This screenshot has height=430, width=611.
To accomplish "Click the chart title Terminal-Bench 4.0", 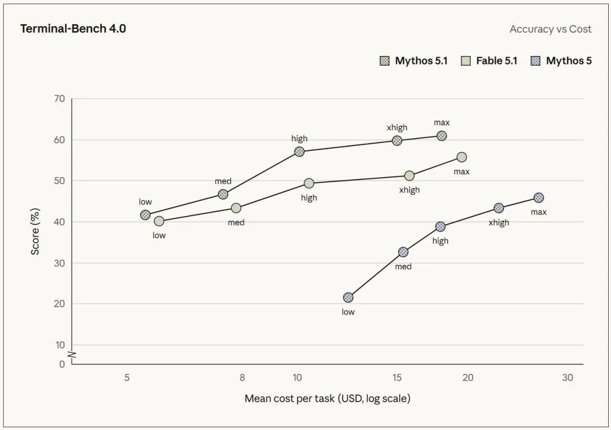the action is [x=73, y=29].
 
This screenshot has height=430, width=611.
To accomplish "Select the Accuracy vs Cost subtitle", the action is [x=550, y=29].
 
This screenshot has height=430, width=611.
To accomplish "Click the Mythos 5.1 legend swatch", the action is [x=384, y=61].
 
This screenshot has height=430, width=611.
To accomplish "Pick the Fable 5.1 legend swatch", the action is [x=466, y=61].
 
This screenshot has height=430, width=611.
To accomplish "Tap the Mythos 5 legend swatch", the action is [x=535, y=61].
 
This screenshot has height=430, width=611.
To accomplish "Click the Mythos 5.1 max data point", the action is [x=441, y=136].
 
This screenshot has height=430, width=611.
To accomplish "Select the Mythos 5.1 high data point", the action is [x=299, y=151].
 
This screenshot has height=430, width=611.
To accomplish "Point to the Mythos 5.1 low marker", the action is [x=145, y=215].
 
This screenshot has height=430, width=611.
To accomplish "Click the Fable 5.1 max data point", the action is [x=462, y=157].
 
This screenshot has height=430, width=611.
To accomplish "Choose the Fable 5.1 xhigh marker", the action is [x=409, y=176].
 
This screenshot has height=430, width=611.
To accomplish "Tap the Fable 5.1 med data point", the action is [x=236, y=208].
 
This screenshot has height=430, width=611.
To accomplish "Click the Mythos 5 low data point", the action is [x=348, y=298].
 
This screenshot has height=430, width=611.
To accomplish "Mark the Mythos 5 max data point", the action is [x=539, y=197].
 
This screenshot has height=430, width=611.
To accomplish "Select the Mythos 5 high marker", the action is [x=440, y=226].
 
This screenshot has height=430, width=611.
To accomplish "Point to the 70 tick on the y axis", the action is [x=59, y=98].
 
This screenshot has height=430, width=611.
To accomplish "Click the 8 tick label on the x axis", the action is [x=242, y=377].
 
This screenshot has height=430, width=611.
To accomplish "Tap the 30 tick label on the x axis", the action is [x=567, y=377].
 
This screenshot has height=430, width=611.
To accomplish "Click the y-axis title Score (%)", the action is [x=35, y=231].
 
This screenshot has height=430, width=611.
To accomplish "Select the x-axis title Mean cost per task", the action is [x=328, y=398].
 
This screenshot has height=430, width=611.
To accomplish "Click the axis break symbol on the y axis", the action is [x=72, y=355].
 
